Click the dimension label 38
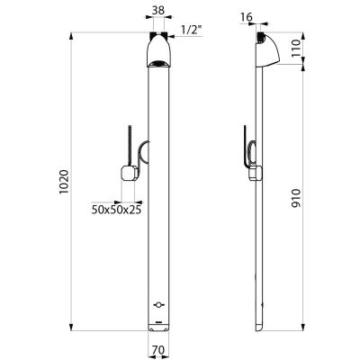[158, 11]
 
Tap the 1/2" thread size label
[192, 30]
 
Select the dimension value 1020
[64, 182]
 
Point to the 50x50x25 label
[116, 210]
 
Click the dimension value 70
[158, 350]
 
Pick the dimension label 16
[247, 17]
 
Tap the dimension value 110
[295, 48]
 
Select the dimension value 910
[295, 198]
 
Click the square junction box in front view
[130, 174]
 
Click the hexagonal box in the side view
[256, 174]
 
